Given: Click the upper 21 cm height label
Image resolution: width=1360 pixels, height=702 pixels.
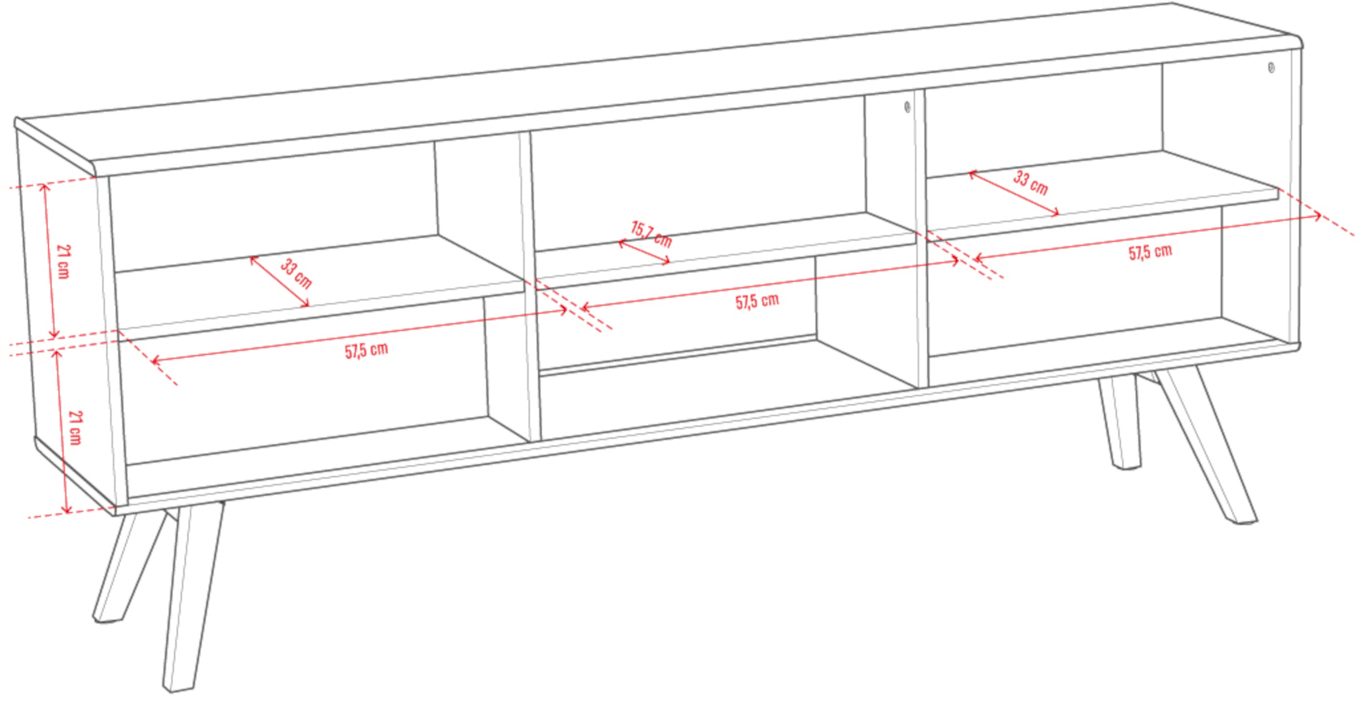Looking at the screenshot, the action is coord(64,262).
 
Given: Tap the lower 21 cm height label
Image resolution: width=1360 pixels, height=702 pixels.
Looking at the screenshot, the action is coord(75,427).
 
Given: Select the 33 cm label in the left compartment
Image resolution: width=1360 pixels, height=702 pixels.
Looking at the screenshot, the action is coord(296,273).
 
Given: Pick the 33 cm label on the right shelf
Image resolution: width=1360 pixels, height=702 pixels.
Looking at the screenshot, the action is coord(1030,183).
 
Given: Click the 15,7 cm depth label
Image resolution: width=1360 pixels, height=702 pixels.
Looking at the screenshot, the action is coord(651,235).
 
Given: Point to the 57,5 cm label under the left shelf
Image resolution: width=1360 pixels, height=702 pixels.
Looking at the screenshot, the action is coord(366,351).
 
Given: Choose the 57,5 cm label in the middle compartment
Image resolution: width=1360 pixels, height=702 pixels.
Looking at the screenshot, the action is coord(757,301).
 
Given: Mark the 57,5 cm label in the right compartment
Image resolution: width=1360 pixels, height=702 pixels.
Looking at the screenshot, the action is coord(1150,252).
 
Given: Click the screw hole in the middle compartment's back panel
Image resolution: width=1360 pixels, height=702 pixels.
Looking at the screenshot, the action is coord(907,107).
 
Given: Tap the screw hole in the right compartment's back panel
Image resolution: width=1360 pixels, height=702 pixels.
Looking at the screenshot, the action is coord(1271,67).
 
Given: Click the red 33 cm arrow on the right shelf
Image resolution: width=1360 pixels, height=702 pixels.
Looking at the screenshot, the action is coord(1014,194).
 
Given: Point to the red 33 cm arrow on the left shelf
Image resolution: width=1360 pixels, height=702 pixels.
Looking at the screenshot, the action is coord(279,281).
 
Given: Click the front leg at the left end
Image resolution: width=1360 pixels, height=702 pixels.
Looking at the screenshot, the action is coord(193,596).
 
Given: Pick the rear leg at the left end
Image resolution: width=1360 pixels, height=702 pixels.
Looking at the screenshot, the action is coord(129,568).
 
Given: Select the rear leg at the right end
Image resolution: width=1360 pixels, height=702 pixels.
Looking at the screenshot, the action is coord(1120,421).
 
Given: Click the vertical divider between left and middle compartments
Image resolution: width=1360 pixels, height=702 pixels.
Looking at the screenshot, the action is coord(530,286).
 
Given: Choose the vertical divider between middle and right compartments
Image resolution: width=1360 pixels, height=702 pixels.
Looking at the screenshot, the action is coord(921,238).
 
